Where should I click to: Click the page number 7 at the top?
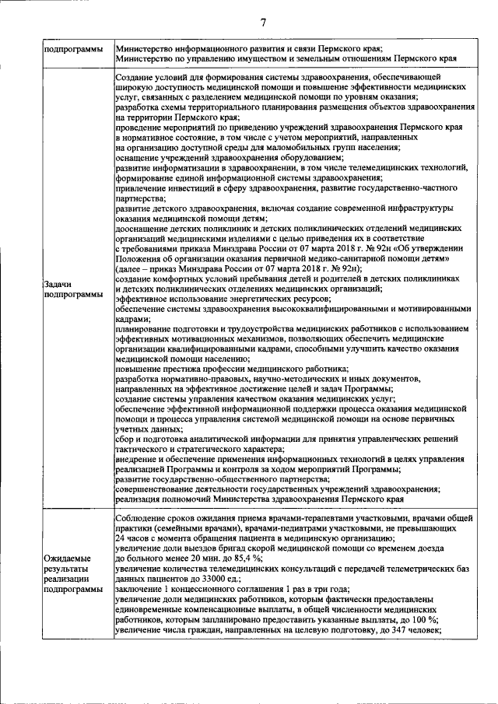[x=263, y=22]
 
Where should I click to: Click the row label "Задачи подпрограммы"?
[x=68, y=289]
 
